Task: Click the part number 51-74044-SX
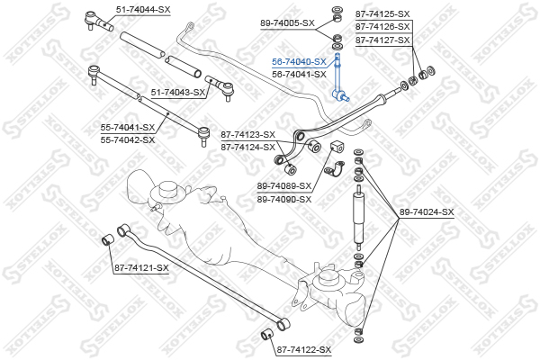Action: pyautogui.click(x=143, y=10)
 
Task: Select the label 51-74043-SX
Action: pyautogui.click(x=178, y=93)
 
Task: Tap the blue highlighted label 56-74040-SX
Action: pyautogui.click(x=299, y=62)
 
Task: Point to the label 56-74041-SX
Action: pyautogui.click(x=299, y=75)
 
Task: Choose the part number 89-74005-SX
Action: pyautogui.click(x=288, y=23)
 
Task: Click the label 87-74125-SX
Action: pyautogui.click(x=382, y=14)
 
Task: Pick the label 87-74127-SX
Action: pyautogui.click(x=382, y=40)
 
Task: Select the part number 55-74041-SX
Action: pyautogui.click(x=128, y=128)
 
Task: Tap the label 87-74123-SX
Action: pyautogui.click(x=248, y=135)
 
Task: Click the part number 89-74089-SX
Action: pyautogui.click(x=284, y=186)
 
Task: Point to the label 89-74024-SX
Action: pyautogui.click(x=427, y=212)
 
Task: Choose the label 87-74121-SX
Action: pyautogui.click(x=141, y=268)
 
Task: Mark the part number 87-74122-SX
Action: pyautogui.click(x=304, y=350)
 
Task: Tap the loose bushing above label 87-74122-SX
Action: pyautogui.click(x=266, y=334)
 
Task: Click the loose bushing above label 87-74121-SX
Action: pyautogui.click(x=109, y=238)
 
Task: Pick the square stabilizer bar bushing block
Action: pyautogui.click(x=337, y=147)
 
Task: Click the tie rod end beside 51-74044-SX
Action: pyautogui.click(x=98, y=20)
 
